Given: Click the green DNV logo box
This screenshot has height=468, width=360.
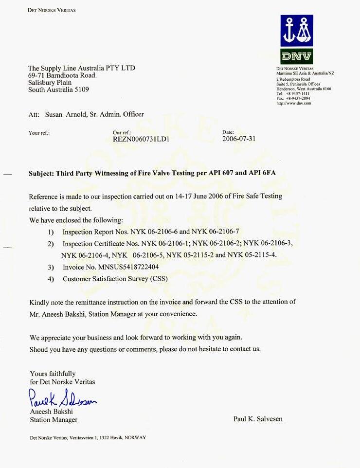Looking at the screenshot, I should pyautogui.click(x=297, y=56).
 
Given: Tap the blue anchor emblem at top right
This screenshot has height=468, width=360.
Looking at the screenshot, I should pyautogui.click(x=297, y=30).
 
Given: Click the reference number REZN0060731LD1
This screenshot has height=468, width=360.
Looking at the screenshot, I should pyautogui.click(x=141, y=139).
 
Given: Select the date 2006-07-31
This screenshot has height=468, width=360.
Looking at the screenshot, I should pyautogui.click(x=239, y=139).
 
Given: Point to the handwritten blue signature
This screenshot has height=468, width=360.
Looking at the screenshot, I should pyautogui.click(x=63, y=400).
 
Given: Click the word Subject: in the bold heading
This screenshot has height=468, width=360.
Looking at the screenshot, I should pyautogui.click(x=41, y=173).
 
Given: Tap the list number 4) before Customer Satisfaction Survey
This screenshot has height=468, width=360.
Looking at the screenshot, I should pyautogui.click(x=51, y=279).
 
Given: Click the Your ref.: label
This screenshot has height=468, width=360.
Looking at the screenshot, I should pyautogui.click(x=39, y=133).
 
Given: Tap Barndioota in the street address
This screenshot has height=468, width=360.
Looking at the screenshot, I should pyautogui.click(x=63, y=75).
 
